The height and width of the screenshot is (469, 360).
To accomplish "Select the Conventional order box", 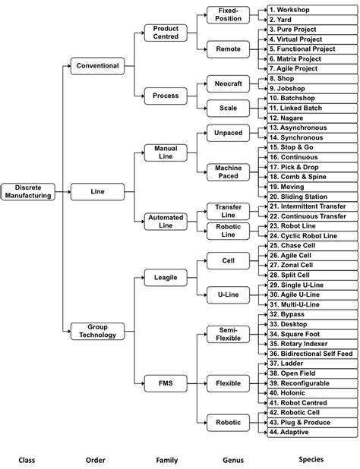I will tap(98, 66).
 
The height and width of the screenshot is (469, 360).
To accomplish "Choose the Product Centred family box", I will tap(166, 33).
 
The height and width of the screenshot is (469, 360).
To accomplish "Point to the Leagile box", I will tap(166, 279).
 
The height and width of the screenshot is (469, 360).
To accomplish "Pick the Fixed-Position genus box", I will tap(229, 14).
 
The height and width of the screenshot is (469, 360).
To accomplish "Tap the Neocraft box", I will tap(229, 84).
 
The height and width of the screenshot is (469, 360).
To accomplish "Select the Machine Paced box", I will tap(229, 172).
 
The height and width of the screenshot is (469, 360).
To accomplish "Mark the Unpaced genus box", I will tap(229, 133).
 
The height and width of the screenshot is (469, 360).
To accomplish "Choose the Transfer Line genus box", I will tap(229, 212).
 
